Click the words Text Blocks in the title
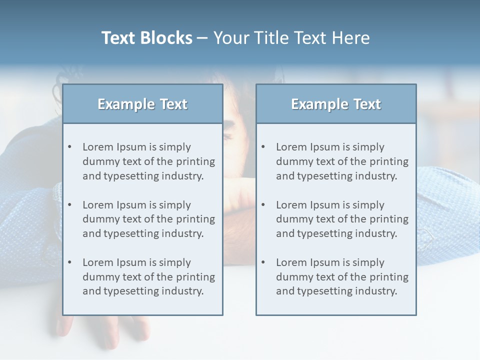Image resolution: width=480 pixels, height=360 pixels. point(146,38)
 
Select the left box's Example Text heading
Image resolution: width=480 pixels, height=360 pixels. point(142,104)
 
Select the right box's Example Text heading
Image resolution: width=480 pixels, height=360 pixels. point(336,104)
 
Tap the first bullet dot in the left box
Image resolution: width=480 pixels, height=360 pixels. point(70,147)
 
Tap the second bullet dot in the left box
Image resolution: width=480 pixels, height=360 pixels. point(70,205)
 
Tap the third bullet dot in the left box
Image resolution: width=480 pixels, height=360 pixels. point(70,262)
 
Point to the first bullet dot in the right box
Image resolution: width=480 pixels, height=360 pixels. point(263,147)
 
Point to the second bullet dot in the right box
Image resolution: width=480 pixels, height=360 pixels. point(263,205)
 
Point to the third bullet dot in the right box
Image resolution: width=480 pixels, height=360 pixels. point(263,262)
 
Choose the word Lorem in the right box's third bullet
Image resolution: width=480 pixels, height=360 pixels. point(291,262)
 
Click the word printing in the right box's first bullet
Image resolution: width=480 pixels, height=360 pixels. point(389,161)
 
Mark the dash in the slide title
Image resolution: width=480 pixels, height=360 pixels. point(202,38)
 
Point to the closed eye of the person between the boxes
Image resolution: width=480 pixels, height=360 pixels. point(228,136)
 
